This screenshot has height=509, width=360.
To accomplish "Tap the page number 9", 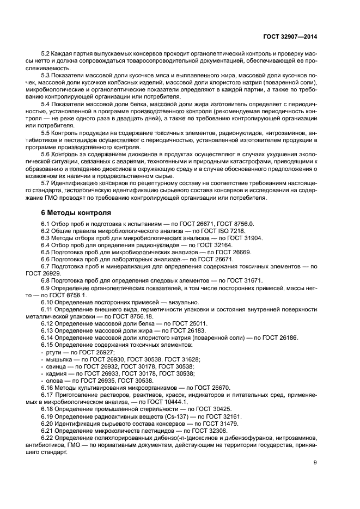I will tap(315, 462).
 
